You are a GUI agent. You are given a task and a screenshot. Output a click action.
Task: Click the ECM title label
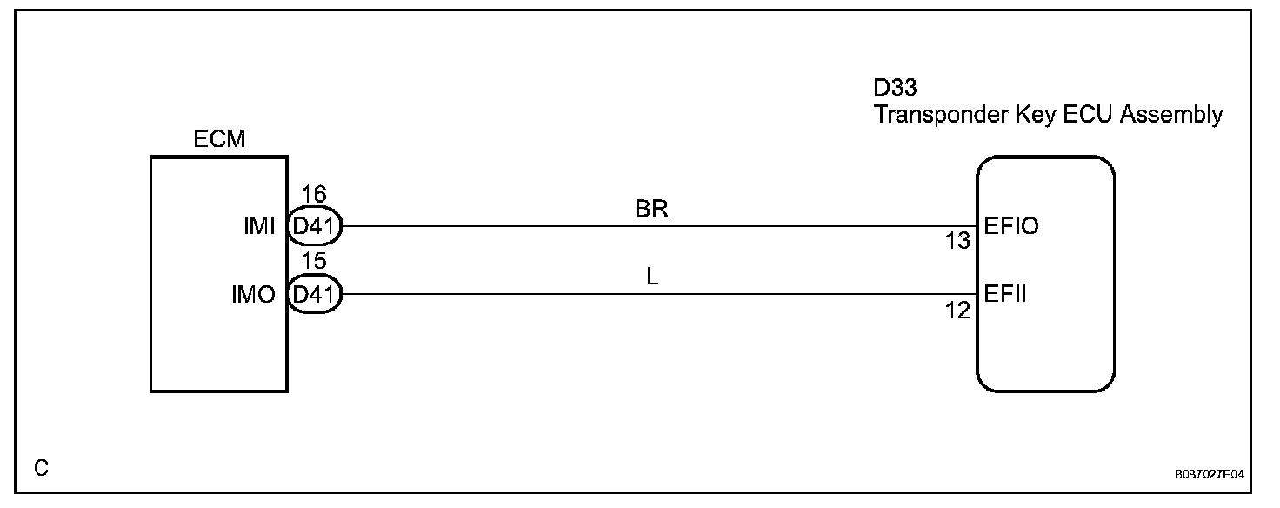pos(220,140)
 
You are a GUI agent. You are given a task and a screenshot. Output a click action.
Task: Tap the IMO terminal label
pos(255,295)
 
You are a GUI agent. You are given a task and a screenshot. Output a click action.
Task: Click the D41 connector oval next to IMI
pos(314,227)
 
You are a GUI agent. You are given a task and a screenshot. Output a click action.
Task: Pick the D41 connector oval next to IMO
pos(314,295)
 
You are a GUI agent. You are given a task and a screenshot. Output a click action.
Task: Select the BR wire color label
pos(652,210)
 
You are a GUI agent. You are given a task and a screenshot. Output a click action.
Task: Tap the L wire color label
pos(652,277)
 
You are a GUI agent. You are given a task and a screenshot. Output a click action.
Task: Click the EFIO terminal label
pos(1012,226)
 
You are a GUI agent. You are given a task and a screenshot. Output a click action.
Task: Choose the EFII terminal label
pos(1005,294)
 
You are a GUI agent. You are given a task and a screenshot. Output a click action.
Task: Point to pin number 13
pos(957,242)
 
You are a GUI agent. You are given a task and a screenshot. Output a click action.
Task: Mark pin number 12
pos(957,310)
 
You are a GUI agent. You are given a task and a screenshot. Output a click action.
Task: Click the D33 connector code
pos(896,89)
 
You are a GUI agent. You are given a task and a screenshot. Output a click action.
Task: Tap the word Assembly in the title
pos(1173,115)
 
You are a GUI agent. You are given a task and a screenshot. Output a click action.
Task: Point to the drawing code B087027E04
pos(1209,476)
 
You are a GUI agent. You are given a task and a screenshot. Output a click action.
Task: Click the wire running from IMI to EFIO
pos(652,226)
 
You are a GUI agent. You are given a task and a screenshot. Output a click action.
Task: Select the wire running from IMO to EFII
pos(652,294)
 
